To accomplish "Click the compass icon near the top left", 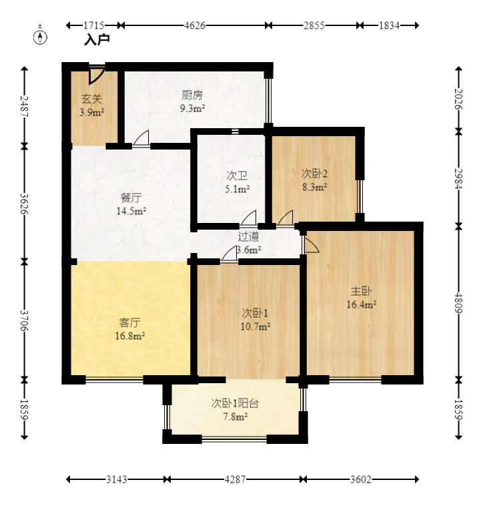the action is coord(40,36).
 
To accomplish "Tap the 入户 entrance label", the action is coord(97,39).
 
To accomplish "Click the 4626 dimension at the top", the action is coord(194,25).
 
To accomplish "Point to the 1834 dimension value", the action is coord(389,25).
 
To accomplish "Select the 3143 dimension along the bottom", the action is coord(116,479).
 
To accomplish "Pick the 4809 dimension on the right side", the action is coord(458,302).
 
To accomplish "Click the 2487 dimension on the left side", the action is coord(25,107).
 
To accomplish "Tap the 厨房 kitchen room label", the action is coord(192,95).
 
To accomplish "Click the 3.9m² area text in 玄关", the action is coord(91,112).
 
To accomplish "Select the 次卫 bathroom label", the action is coord(237,176).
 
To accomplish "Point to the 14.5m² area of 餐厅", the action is coord(131,211).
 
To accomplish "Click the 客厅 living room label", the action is coord(129,322).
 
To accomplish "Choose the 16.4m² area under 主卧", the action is coord(362,304).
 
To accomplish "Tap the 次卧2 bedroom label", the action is coord(314,174).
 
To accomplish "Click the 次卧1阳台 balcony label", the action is coord(235,403).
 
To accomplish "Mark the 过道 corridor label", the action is coord(248,236).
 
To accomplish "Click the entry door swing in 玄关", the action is coord(97,75).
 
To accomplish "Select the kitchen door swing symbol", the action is coord(141,139).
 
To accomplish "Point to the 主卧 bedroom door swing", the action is coord(310,244).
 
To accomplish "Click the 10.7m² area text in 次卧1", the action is coord(256,326).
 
